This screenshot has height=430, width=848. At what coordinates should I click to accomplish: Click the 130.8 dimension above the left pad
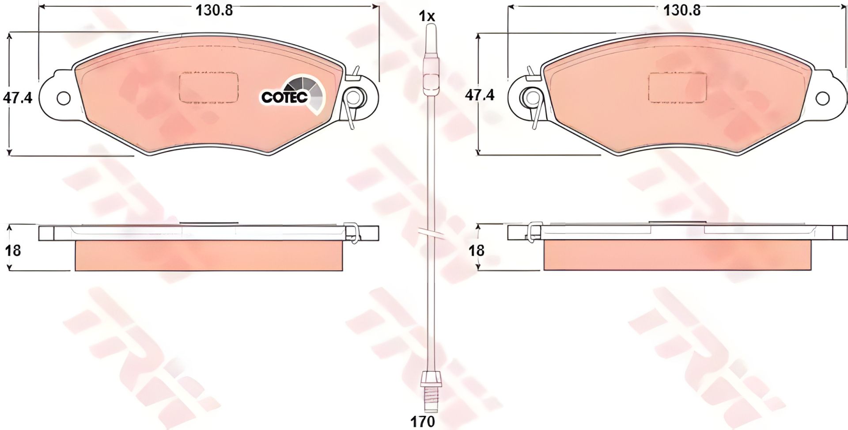(x=214, y=10)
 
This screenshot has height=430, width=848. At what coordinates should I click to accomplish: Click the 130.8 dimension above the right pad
(x=682, y=10)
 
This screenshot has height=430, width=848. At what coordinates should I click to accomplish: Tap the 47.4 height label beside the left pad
(x=18, y=97)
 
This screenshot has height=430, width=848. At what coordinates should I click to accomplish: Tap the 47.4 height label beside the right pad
(x=480, y=95)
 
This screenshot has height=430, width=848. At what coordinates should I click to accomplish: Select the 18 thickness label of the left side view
(x=13, y=251)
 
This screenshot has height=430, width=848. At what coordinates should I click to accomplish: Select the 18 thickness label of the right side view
(x=477, y=251)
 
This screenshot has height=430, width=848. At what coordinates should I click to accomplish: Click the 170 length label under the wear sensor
(x=423, y=421)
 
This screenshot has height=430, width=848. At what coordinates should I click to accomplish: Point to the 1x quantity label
(x=427, y=17)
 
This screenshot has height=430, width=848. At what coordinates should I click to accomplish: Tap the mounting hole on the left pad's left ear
(x=64, y=98)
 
